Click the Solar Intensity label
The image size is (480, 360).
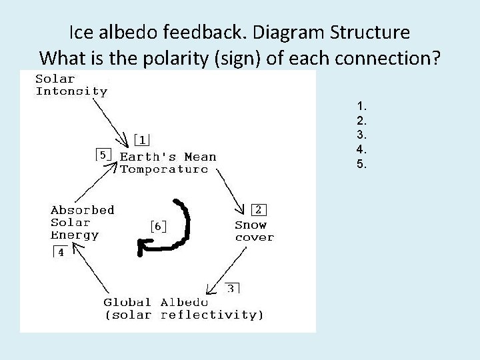pyautogui.click(x=71, y=85)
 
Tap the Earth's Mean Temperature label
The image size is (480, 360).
pyautogui.click(x=168, y=163)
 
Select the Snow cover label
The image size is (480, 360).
pyautogui.click(x=254, y=231)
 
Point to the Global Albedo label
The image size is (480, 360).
pyautogui.click(x=183, y=308)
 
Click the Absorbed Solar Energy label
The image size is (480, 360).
pyautogui.click(x=82, y=222)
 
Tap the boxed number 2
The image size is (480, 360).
pyautogui.click(x=257, y=209)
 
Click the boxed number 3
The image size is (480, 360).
pyautogui.click(x=231, y=288)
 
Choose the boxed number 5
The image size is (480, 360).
pyautogui.click(x=103, y=155)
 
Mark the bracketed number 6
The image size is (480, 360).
pyautogui.click(x=157, y=226)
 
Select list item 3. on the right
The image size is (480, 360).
pyautogui.click(x=362, y=134)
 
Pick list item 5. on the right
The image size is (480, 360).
pyautogui.click(x=362, y=163)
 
